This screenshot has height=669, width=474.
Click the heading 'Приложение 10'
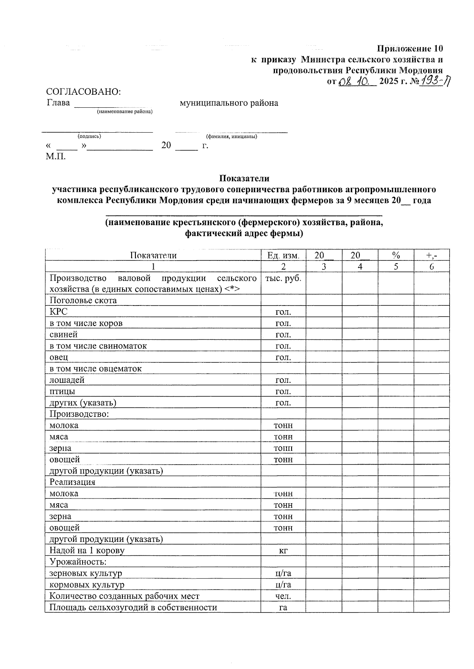410,49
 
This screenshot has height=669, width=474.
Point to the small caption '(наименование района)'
125,112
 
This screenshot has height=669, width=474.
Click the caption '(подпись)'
89,136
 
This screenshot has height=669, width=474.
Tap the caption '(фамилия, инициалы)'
231,137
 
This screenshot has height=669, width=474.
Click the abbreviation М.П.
56,156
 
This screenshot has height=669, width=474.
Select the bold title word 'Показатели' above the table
244,178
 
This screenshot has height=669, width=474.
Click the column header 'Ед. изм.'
283,255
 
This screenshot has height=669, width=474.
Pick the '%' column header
396,255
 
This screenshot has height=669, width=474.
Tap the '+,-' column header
432,255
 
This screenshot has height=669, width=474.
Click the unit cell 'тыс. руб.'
283,278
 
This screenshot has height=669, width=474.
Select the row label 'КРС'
58,312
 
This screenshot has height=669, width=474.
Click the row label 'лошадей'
67,380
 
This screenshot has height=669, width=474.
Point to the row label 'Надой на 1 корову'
87,551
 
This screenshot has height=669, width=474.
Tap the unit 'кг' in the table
283,551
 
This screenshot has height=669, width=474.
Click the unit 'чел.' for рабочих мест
283,596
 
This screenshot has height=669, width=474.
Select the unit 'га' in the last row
283,607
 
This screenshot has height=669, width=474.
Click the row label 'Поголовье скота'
83,300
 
